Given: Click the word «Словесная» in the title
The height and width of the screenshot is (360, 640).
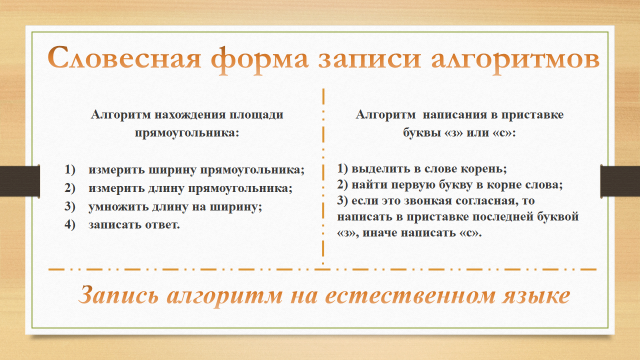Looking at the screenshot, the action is coord(125,58).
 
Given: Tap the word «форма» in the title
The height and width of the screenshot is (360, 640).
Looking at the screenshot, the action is coord(260,60).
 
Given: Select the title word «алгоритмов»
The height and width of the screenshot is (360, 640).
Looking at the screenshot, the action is coord(516,60).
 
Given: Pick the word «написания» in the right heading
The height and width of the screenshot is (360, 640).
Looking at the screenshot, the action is coord(453,115).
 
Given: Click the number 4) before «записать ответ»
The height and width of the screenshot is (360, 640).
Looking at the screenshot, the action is coord(70,224).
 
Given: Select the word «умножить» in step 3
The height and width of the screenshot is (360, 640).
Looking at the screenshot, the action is coord(118,207).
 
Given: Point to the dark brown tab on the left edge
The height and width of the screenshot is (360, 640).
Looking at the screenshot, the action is coord(20,181).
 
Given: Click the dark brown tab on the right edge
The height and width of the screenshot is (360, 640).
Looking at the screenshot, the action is coord(620,181).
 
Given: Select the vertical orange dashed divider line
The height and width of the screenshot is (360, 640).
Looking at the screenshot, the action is coord(323,176).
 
